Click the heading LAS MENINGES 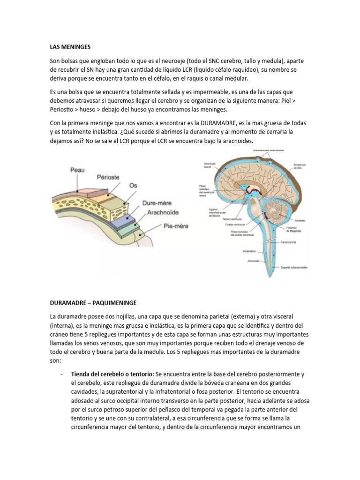[69, 47]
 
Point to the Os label [134, 186]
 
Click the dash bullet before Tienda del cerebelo [62, 374]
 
